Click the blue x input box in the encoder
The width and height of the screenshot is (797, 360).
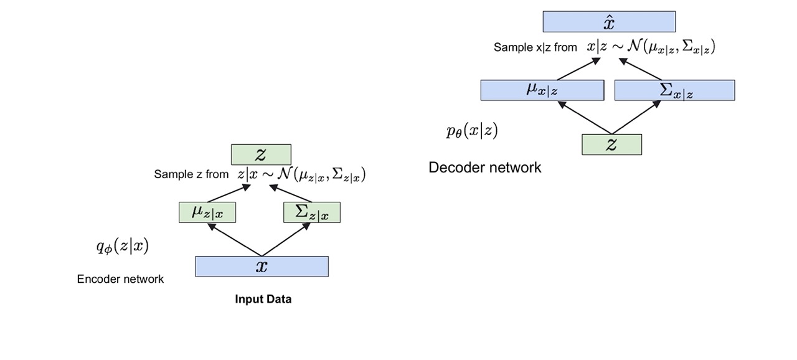pos(262,267)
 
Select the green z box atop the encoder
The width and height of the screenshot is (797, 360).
pos(261,154)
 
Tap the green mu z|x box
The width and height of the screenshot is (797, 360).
pos(207,212)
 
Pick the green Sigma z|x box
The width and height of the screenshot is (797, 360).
pos(311,212)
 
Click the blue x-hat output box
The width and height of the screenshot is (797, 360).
pos(609,21)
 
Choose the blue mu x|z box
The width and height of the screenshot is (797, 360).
pos(542,90)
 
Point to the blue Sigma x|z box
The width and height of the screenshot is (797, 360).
pos(674,90)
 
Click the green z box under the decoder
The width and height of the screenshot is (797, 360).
pos(611,144)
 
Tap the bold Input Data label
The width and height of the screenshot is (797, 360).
pos(263,299)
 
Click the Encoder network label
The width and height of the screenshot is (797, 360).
pos(120,279)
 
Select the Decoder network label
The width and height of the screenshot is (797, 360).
pos(485,168)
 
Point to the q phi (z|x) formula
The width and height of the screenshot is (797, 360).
pos(122,247)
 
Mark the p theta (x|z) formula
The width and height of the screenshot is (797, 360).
pos(472,131)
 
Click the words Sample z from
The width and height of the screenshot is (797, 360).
pos(191,174)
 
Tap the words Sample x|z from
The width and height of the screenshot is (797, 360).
pos(535,47)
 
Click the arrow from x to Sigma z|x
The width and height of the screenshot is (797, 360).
pos(286,239)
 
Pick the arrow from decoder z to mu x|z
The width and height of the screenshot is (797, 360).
pos(585,117)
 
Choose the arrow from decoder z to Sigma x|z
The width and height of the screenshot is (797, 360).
pos(636,117)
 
